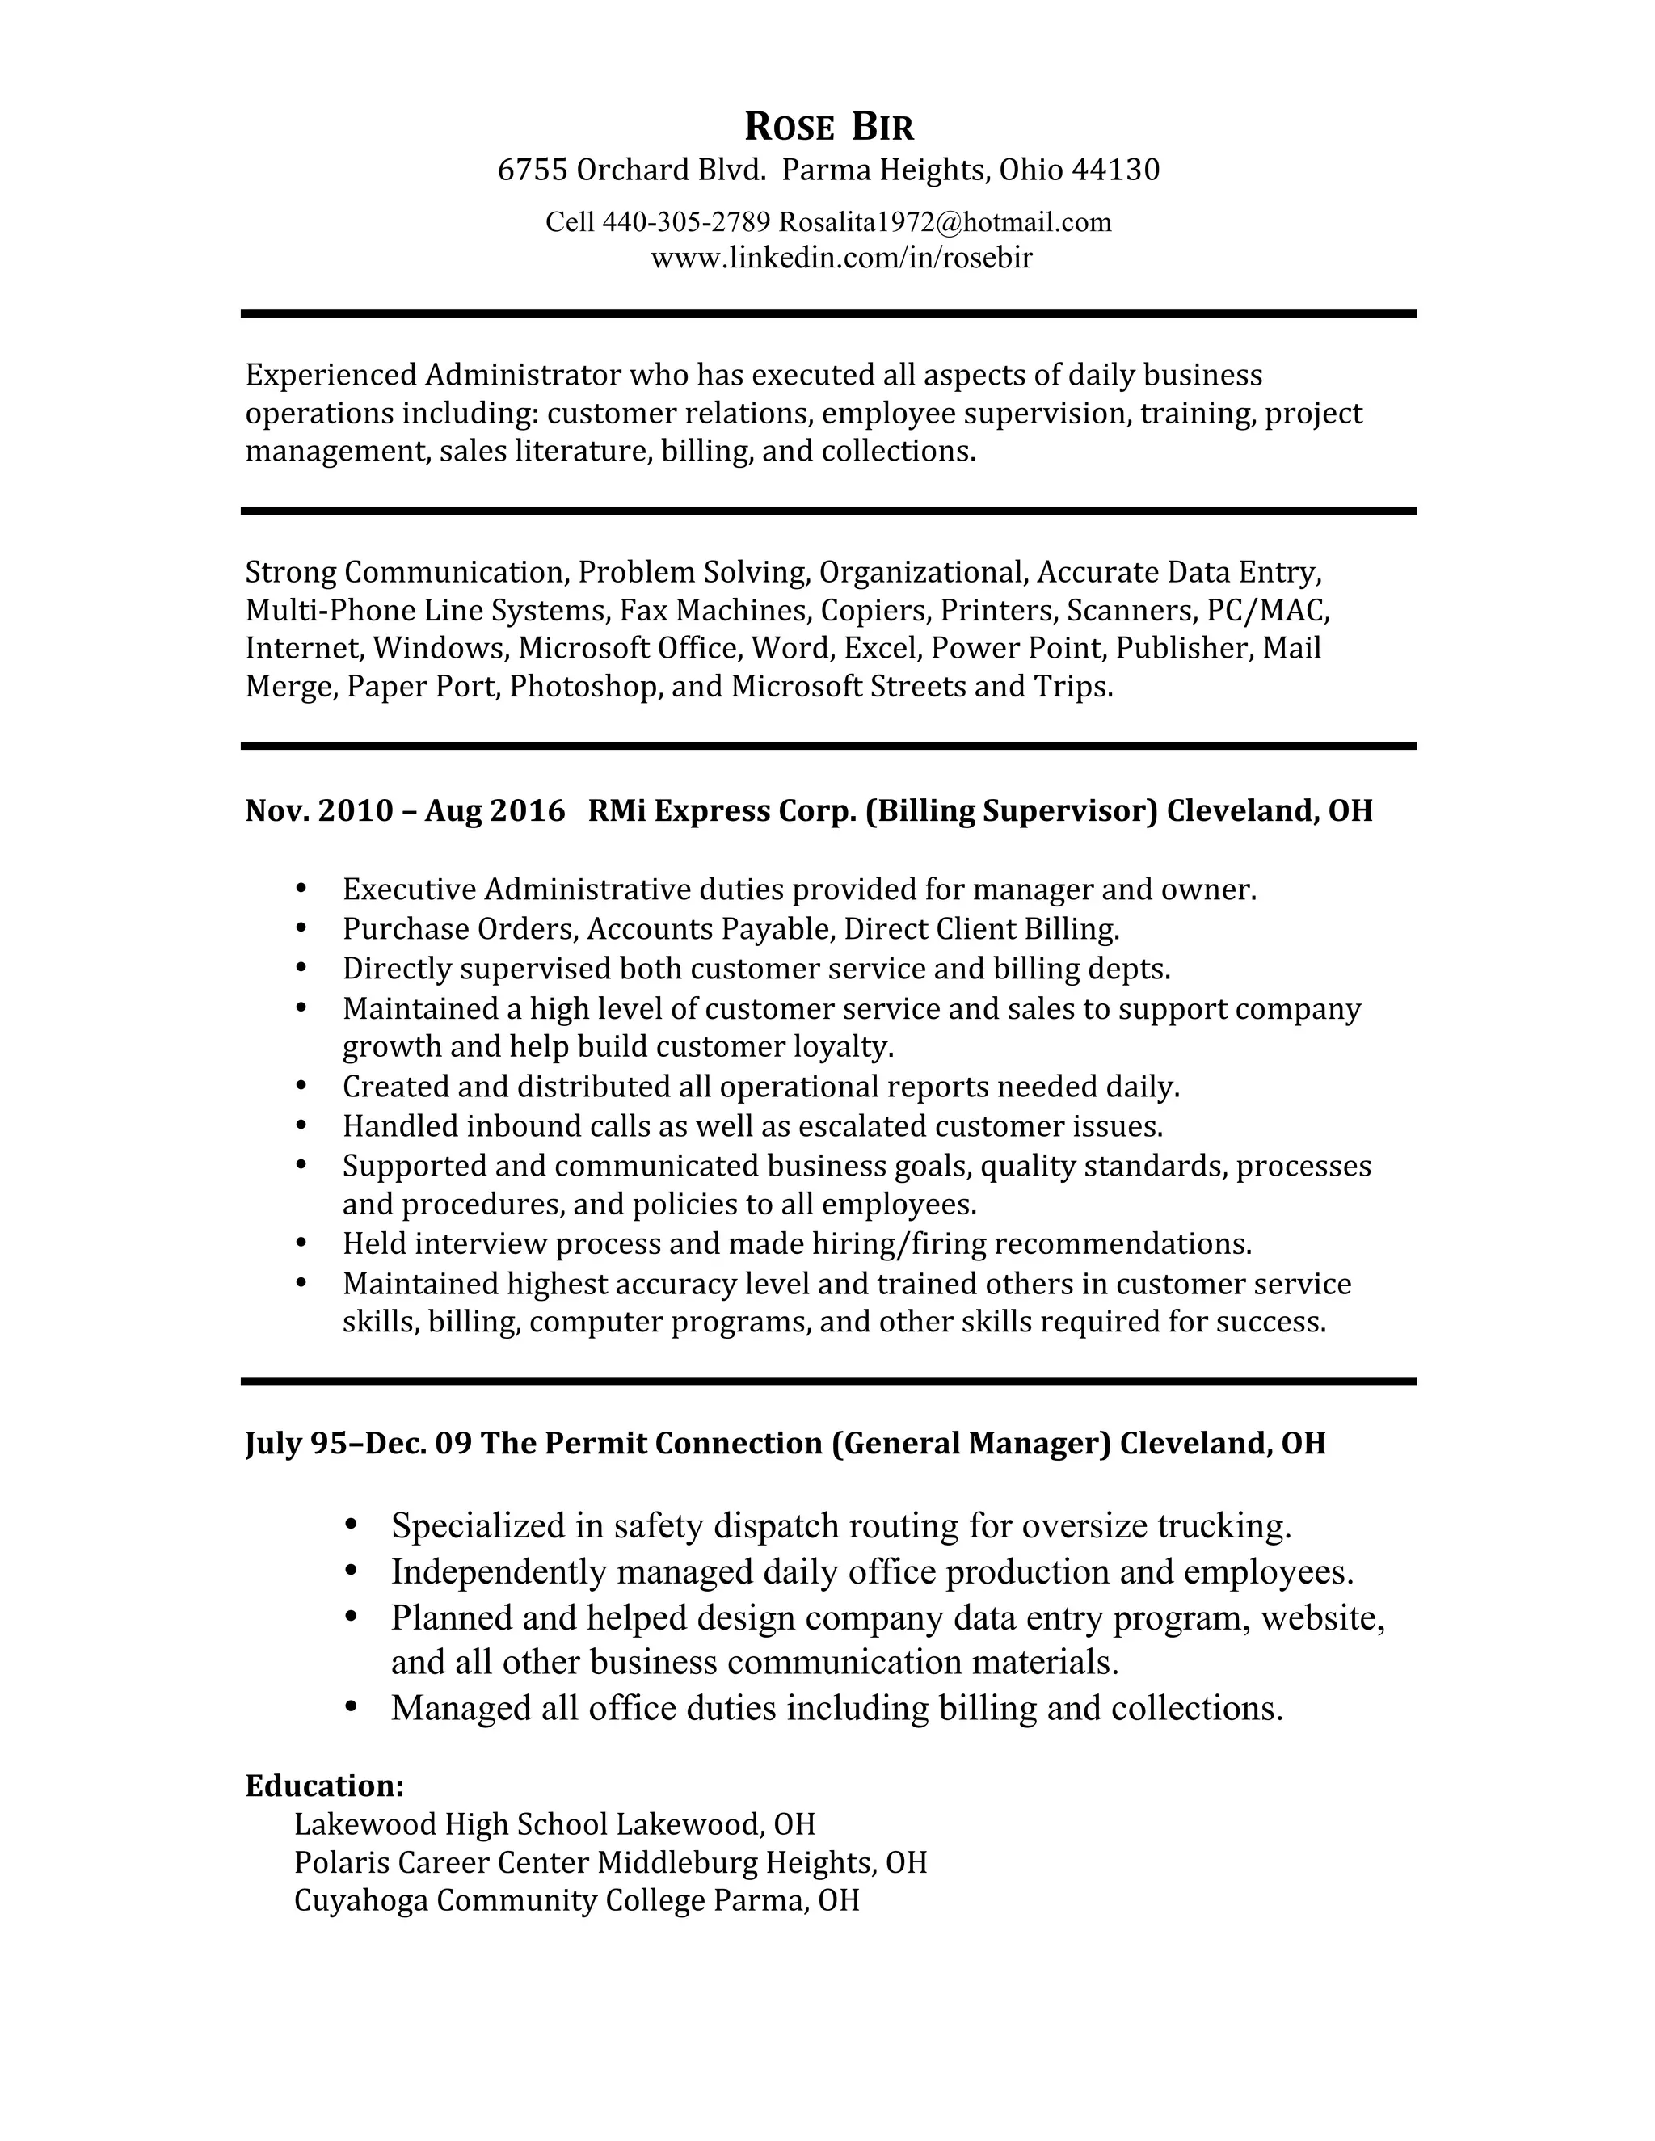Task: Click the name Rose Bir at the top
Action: [828, 128]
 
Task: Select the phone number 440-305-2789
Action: [685, 222]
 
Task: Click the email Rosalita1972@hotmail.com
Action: [945, 222]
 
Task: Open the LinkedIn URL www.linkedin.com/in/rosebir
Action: [841, 258]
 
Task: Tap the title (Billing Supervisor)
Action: [1012, 810]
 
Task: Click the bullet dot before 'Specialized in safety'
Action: [351, 1525]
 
